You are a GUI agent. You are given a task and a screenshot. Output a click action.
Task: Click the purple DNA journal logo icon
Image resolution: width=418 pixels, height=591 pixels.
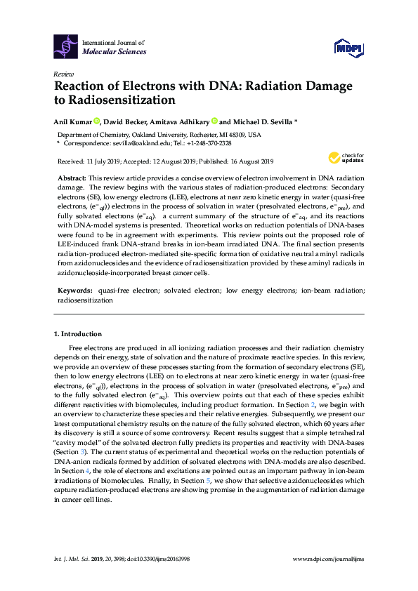pyautogui.click(x=66, y=46)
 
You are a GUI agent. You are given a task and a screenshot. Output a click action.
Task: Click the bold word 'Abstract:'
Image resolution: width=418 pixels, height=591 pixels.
pyautogui.click(x=72, y=179)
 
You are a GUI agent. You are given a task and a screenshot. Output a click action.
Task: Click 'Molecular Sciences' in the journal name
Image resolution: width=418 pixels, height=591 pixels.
pyautogui.click(x=115, y=52)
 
